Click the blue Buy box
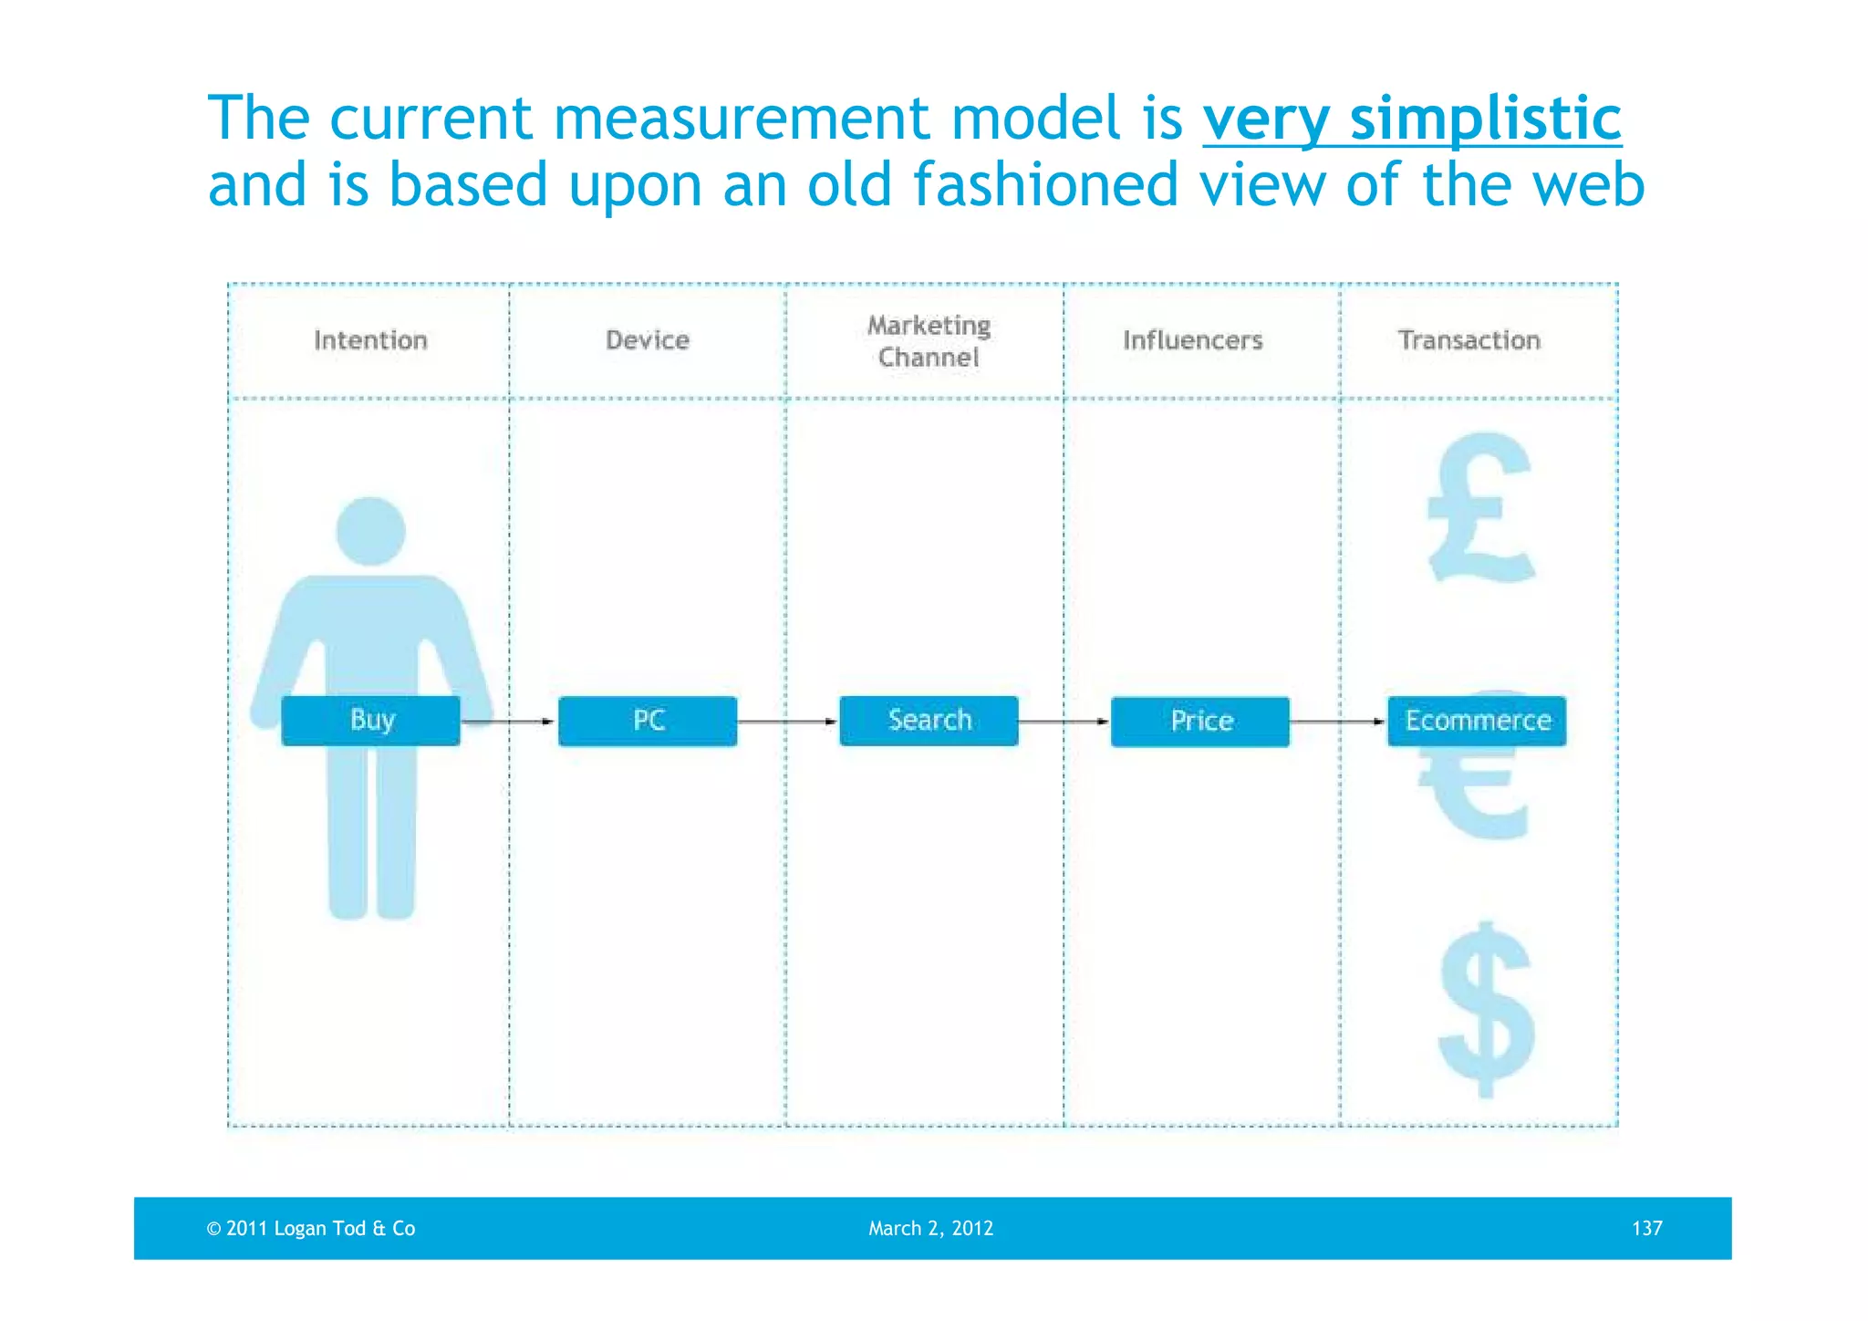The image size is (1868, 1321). coord(370,721)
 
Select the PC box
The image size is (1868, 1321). coord(648,721)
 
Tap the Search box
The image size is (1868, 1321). coord(929,721)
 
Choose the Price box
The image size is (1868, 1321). coord(1200,722)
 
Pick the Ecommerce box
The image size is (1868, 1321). coord(1477,721)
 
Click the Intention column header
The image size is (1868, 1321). coord(370,340)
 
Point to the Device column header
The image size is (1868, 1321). coord(648,340)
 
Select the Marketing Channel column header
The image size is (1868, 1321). coord(929,341)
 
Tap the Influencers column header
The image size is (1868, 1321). coord(1192,340)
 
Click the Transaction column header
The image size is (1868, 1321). coord(1468,340)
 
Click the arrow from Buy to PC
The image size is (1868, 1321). coord(509,722)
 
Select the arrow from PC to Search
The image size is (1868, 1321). coord(787,722)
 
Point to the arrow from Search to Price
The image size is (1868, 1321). coord(1064,722)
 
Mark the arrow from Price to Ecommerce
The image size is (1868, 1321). coord(1338,722)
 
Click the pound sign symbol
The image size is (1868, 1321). coord(1480,507)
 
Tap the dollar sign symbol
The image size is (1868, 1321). coord(1486,1009)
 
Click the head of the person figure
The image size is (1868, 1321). coord(370,531)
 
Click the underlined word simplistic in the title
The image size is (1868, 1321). coord(1485,119)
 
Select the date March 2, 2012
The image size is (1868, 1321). coord(930,1228)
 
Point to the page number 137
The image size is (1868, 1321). coord(1646,1228)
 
